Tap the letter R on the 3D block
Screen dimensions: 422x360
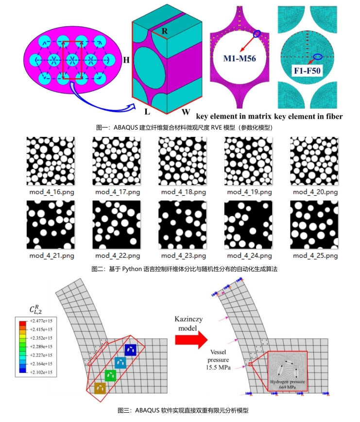tap(165, 32)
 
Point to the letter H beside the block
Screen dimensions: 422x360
tap(126, 61)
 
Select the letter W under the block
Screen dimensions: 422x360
tap(185, 112)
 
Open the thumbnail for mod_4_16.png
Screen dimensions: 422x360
tap(51, 159)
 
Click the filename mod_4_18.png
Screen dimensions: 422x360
tap(184, 192)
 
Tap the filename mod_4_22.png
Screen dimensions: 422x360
tap(118, 255)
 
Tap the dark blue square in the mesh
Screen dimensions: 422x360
tap(130, 350)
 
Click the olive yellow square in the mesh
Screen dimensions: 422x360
tap(100, 388)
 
